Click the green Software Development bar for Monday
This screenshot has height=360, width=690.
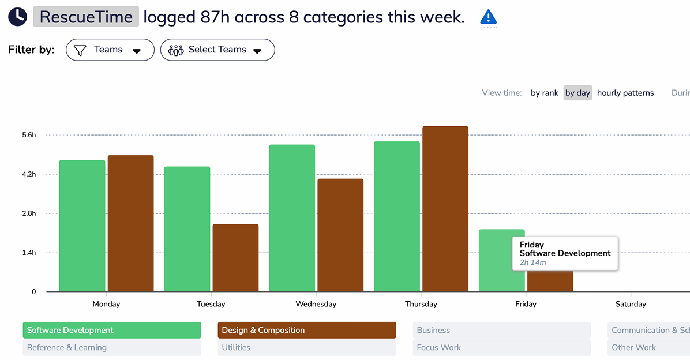pyautogui.click(x=82, y=226)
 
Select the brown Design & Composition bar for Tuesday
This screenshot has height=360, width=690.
pyautogui.click(x=235, y=258)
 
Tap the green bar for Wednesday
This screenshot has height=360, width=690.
pyautogui.click(x=292, y=218)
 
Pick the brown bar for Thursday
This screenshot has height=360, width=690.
pyautogui.click(x=445, y=209)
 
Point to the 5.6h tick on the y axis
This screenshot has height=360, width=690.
pyautogui.click(x=29, y=135)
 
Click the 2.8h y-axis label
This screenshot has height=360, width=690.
pyautogui.click(x=29, y=213)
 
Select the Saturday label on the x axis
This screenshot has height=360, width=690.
pyautogui.click(x=631, y=304)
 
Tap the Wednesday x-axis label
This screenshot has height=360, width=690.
pyautogui.click(x=316, y=304)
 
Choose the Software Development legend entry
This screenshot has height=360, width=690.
pyautogui.click(x=112, y=330)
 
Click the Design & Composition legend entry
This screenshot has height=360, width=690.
pyautogui.click(x=306, y=330)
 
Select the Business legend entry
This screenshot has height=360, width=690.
pyautogui.click(x=501, y=330)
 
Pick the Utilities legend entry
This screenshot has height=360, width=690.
pyautogui.click(x=306, y=347)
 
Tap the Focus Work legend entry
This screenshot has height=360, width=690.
pyautogui.click(x=501, y=347)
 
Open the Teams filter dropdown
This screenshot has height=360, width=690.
pyautogui.click(x=110, y=50)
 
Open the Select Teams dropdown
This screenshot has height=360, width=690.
pyautogui.click(x=217, y=50)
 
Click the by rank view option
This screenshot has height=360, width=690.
pyautogui.click(x=545, y=93)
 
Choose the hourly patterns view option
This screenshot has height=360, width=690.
pyautogui.click(x=625, y=93)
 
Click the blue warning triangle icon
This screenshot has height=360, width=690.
pyautogui.click(x=489, y=17)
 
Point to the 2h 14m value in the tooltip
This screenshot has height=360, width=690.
pyautogui.click(x=533, y=262)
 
